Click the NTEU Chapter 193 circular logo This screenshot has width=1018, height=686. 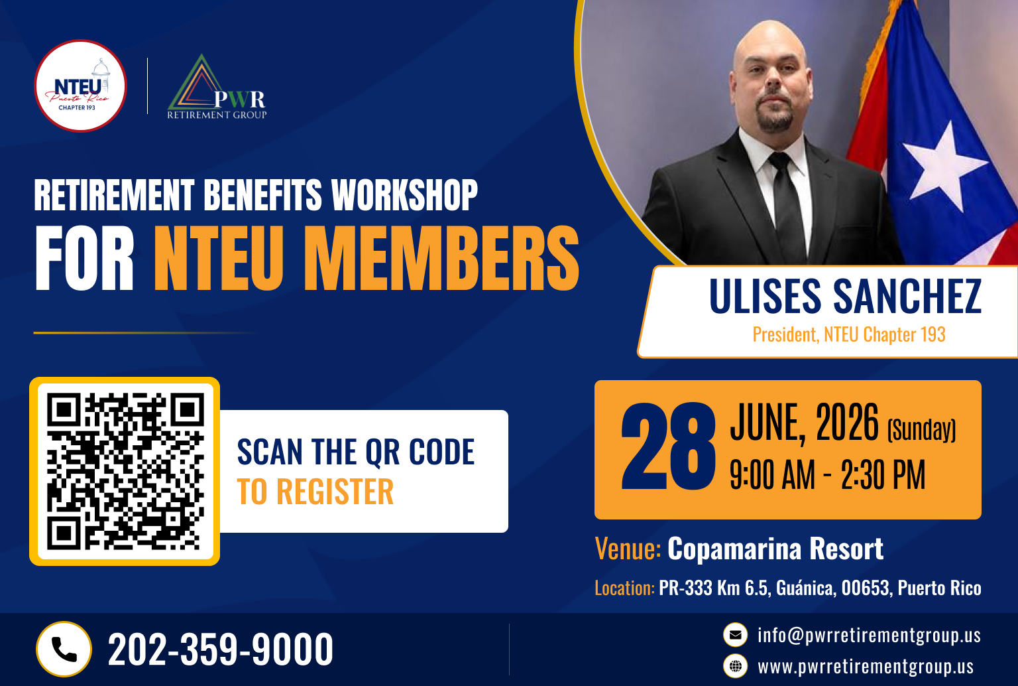pyautogui.click(x=80, y=86)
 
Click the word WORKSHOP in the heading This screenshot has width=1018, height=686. pyautogui.click(x=404, y=195)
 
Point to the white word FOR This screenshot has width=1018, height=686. pyautogui.click(x=85, y=258)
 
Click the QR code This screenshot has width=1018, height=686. pyautogui.click(x=125, y=471)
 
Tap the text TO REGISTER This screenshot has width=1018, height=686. pyautogui.click(x=315, y=492)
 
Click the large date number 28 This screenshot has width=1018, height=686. pyautogui.click(x=667, y=446)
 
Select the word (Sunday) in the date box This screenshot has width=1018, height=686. pyautogui.click(x=922, y=430)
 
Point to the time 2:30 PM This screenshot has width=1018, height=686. pyautogui.click(x=883, y=475)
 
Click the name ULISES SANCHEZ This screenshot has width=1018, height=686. pyautogui.click(x=845, y=296)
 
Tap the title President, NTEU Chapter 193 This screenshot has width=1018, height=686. pyautogui.click(x=849, y=334)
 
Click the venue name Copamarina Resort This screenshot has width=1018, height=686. pyautogui.click(x=775, y=549)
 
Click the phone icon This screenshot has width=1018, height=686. pyautogui.click(x=64, y=649)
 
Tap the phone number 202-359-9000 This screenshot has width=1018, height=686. pyautogui.click(x=221, y=649)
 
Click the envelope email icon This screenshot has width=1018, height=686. pyautogui.click(x=735, y=635)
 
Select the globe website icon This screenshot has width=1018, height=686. pyautogui.click(x=735, y=667)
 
